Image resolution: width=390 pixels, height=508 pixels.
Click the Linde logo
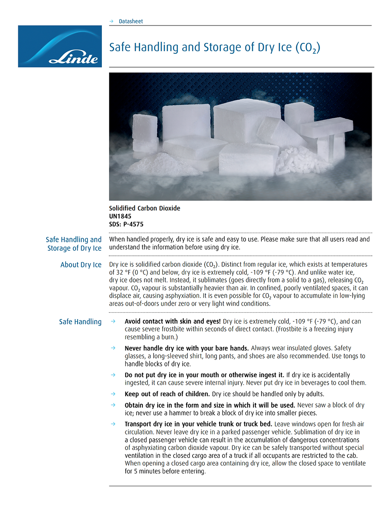[60, 47]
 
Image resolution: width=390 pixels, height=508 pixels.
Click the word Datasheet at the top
[131, 21]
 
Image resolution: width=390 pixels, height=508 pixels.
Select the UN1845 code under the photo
[120, 216]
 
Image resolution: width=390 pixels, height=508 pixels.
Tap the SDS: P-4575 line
[126, 224]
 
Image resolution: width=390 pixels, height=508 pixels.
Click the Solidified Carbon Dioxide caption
[144, 208]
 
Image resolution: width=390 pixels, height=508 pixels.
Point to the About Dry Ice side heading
[81, 265]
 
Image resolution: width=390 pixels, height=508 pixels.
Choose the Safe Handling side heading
[80, 322]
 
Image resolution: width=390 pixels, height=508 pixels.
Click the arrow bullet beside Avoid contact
[113, 321]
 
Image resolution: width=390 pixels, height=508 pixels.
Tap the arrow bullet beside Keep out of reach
[113, 394]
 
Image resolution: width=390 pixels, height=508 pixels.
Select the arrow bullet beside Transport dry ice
[113, 424]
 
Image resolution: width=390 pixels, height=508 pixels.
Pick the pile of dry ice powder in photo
[163, 163]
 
